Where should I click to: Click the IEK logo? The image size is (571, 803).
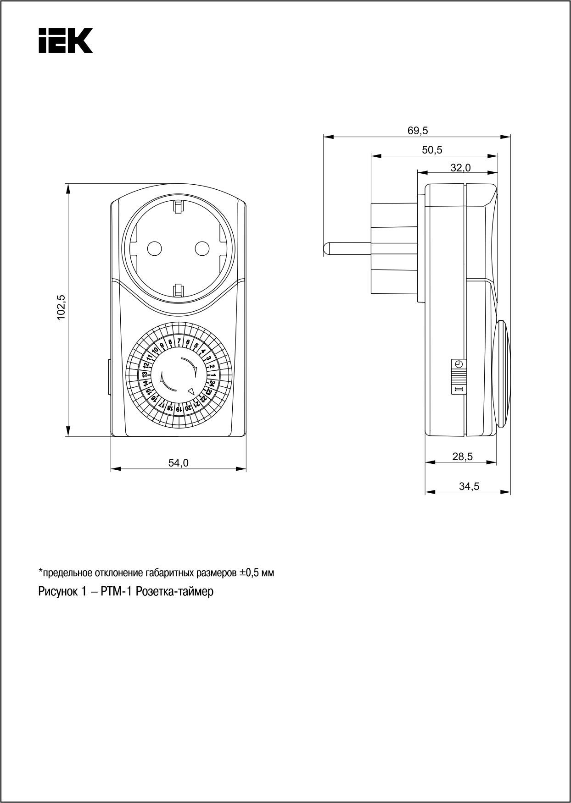(65, 40)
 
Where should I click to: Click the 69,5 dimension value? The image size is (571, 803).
(417, 131)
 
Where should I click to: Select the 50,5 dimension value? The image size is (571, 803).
(432, 150)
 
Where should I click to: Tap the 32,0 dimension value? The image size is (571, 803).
(460, 168)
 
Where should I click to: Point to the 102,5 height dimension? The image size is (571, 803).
(62, 307)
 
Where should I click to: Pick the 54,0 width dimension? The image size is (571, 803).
(178, 463)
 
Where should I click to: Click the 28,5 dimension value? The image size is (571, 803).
(462, 456)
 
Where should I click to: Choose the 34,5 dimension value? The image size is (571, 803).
(469, 487)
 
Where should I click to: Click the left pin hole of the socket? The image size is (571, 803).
(154, 248)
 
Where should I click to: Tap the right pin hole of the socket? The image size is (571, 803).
(202, 248)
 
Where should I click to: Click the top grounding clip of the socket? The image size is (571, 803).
(178, 207)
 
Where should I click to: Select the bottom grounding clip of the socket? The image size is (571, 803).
(178, 289)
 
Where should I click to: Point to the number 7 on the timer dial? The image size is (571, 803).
(179, 341)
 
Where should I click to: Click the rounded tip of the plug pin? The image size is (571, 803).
(325, 248)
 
